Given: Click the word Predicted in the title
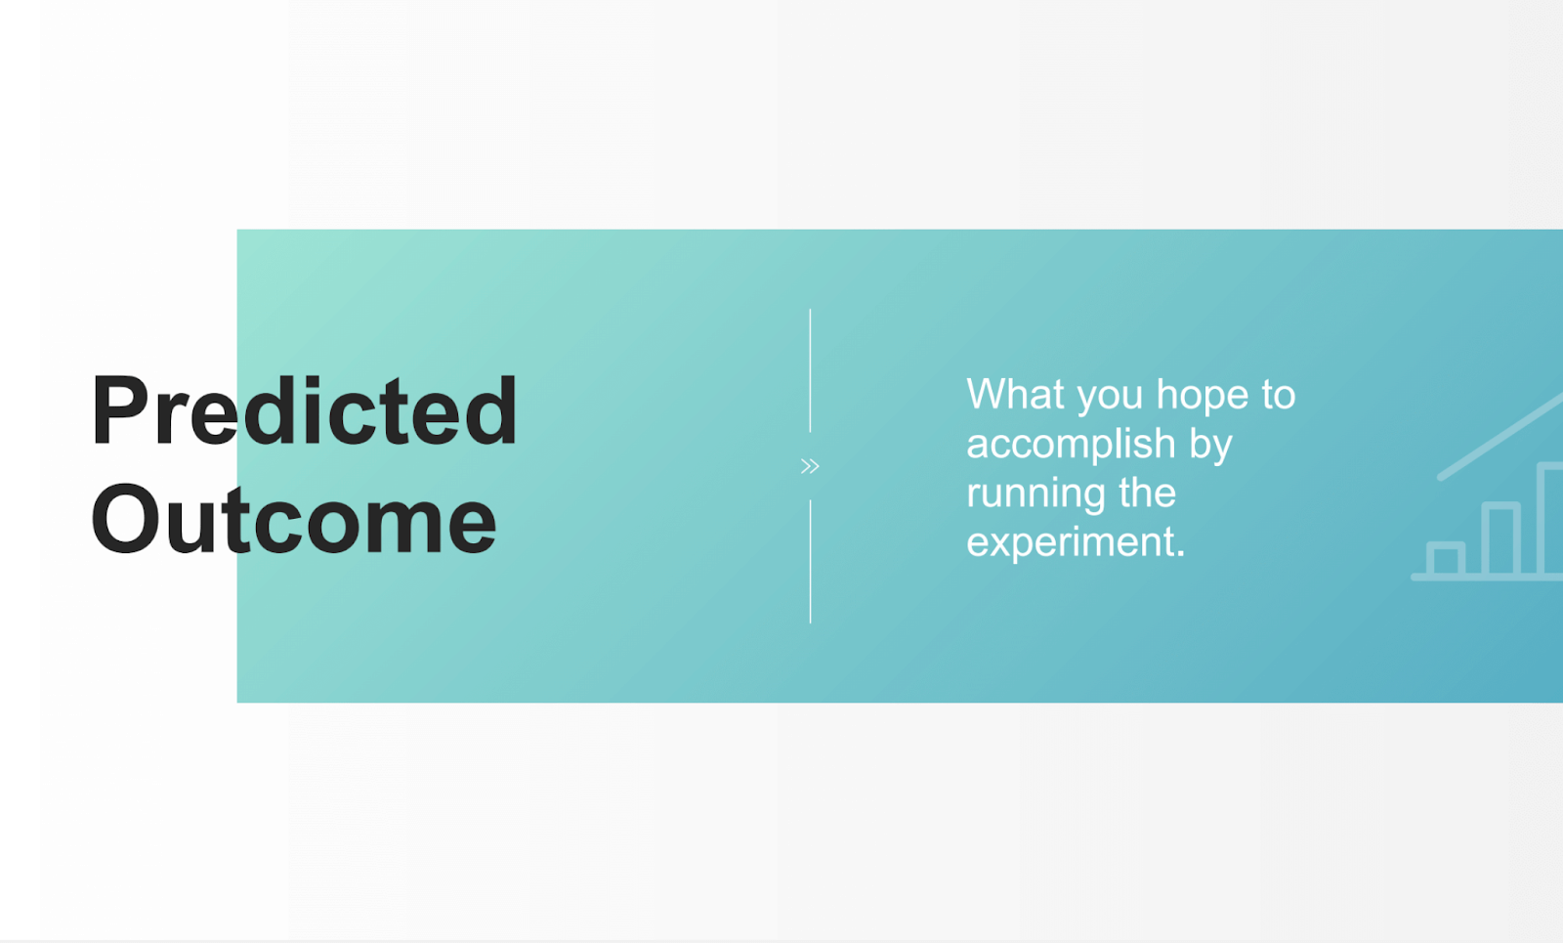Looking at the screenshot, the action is pos(304,409).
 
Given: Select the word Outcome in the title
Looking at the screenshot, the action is pos(294,519).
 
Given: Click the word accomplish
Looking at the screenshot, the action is pos(1071,445).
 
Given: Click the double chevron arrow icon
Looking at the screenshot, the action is pos(810,465).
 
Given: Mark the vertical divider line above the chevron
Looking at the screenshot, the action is pos(810,370).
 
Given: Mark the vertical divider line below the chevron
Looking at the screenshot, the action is pos(810,561).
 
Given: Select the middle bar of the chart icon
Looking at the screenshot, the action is pos(1500,538).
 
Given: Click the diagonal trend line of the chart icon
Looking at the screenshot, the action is pos(1500,437).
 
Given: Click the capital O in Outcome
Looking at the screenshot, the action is pos(125,519).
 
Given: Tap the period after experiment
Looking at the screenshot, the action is pos(1180,553).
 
